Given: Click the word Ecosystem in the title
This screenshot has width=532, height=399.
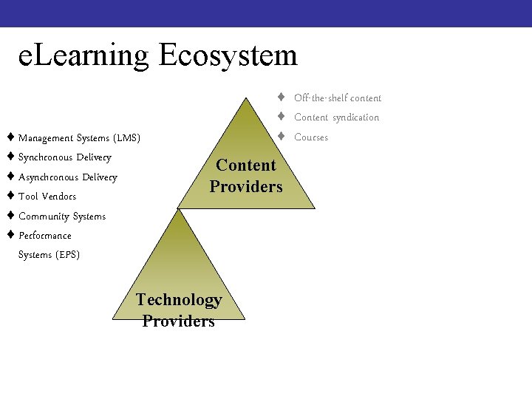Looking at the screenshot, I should pos(228,56).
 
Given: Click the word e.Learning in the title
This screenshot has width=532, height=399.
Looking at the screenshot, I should pos(83,56).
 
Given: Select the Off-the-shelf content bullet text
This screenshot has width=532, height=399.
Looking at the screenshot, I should pos(337,98).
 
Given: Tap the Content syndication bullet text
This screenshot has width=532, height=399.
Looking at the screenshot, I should pos(336,117).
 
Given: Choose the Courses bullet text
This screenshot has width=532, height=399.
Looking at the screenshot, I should pos(311,137).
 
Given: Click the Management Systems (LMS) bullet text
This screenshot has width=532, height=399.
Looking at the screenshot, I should pos(79,138).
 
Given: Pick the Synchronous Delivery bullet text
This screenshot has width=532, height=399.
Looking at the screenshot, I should pos(64,157).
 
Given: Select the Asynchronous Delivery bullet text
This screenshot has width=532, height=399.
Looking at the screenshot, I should pos(67,177).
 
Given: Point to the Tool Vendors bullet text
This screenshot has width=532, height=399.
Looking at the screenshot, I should pos(47,197).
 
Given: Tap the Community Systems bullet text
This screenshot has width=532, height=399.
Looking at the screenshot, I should pos(62,216).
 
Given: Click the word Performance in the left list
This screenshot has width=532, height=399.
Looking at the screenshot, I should pos(45,236).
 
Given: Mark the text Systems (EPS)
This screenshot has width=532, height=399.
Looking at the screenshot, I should pos(49,255).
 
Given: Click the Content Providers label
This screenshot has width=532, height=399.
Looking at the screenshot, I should pos(246,176).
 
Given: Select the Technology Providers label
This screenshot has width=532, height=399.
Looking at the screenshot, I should pos(179,310).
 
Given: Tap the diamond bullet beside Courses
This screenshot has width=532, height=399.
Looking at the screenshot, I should pos(282,137).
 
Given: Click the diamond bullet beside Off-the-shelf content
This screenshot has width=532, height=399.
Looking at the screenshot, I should pos(282,98).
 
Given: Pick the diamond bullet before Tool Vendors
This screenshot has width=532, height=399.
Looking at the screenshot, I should pos(10,196).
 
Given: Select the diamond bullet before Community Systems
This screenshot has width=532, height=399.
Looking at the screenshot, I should pos(10,216).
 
